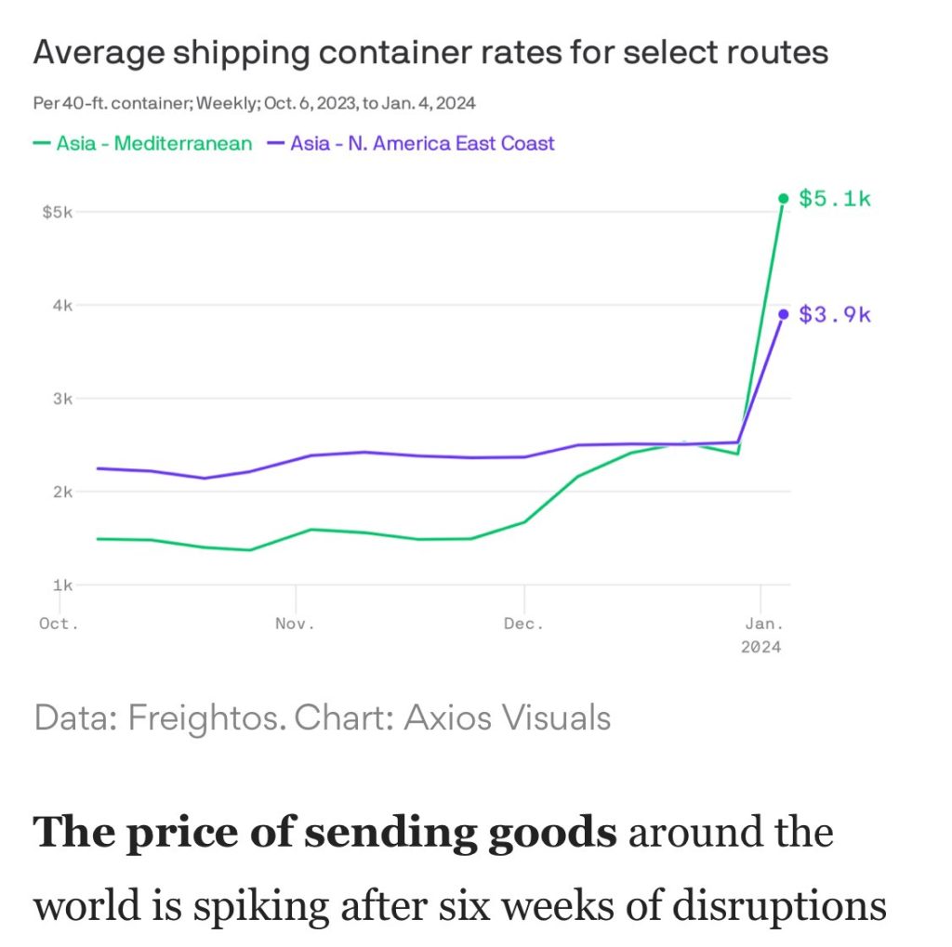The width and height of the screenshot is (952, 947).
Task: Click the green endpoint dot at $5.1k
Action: pyautogui.click(x=783, y=198)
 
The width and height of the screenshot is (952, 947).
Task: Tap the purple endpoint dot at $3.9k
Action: pyautogui.click(x=783, y=314)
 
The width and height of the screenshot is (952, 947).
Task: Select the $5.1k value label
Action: pyautogui.click(x=835, y=198)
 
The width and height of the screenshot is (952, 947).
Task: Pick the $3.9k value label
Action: pyautogui.click(x=835, y=314)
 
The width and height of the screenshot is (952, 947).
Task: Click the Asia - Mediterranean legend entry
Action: pyautogui.click(x=143, y=143)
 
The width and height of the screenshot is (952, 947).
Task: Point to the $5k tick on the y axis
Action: pyautogui.click(x=58, y=212)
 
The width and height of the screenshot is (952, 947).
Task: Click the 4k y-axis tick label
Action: pyautogui.click(x=62, y=305)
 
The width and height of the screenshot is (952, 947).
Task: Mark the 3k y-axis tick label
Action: pyautogui.click(x=62, y=399)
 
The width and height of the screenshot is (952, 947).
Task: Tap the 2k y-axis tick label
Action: pyautogui.click(x=62, y=492)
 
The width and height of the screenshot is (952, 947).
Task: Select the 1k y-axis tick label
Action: pyautogui.click(x=62, y=585)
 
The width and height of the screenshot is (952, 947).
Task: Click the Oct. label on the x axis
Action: pyautogui.click(x=59, y=624)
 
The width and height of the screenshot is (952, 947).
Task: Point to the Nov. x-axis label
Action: pyautogui.click(x=295, y=624)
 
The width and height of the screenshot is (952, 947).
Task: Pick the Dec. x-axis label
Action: pyautogui.click(x=524, y=624)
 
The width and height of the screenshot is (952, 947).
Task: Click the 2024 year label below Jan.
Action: pyautogui.click(x=761, y=647)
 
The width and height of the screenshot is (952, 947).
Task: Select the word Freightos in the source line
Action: pyautogui.click(x=206, y=717)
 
